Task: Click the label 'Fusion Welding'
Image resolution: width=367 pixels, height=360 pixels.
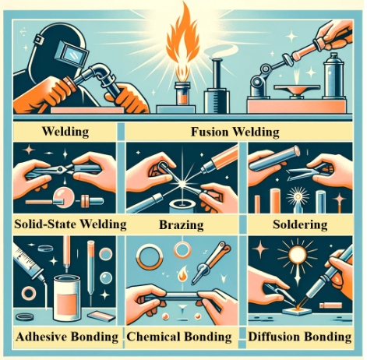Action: click(x=235, y=132)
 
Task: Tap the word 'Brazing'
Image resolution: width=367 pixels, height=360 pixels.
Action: click(x=182, y=224)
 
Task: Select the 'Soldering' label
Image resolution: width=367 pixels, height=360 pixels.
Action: click(x=300, y=224)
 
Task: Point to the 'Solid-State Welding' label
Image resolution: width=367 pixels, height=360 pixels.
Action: click(x=70, y=224)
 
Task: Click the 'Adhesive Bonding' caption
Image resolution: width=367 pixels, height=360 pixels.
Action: click(x=67, y=337)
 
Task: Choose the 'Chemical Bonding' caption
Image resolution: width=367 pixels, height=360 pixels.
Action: click(x=179, y=337)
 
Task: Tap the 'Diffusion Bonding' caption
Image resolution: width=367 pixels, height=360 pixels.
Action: click(x=300, y=337)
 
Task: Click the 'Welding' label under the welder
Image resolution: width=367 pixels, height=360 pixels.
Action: click(x=65, y=132)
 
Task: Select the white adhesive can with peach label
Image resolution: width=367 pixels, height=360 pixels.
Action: click(x=67, y=298)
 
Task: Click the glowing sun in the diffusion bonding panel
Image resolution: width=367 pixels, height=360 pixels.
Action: click(x=298, y=255)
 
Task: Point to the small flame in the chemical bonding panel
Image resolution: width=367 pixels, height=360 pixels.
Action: click(x=182, y=274)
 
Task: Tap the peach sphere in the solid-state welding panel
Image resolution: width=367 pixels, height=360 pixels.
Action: click(x=62, y=198)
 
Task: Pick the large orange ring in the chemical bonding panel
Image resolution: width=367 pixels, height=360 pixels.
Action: click(x=150, y=256)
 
